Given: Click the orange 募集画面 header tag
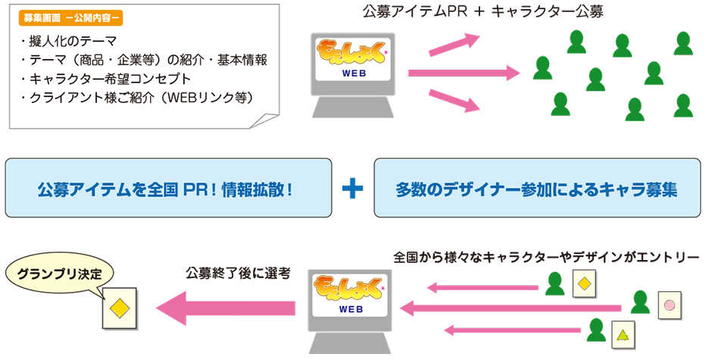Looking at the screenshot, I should (x=73, y=16).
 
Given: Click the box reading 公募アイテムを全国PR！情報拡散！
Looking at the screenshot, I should (x=168, y=188).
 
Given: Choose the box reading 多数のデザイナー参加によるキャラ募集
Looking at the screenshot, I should (x=537, y=188).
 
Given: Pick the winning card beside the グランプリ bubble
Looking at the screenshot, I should (x=118, y=308).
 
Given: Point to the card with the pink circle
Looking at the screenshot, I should (x=670, y=306).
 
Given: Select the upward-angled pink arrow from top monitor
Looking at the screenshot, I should (x=454, y=45).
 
